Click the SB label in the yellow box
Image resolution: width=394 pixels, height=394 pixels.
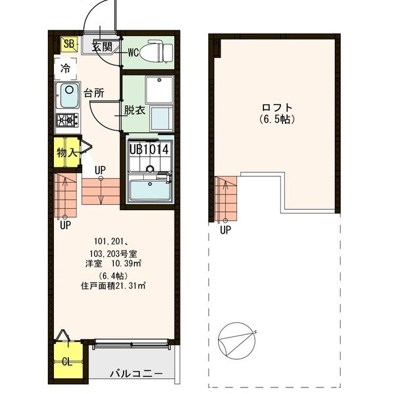point(68,44)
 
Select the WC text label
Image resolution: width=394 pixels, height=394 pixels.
point(133,52)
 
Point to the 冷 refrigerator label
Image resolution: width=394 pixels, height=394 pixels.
point(66,67)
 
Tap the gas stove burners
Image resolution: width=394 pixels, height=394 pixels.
point(67,120)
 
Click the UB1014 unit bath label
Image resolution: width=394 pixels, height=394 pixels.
point(150,149)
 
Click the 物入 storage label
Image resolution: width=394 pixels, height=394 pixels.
point(67,153)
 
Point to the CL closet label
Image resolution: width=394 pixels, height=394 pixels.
point(67,361)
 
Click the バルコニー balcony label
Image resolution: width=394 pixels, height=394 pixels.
point(135,374)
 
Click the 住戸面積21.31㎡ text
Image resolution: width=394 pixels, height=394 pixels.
point(113,286)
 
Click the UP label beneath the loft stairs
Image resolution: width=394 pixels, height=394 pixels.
point(225,230)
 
